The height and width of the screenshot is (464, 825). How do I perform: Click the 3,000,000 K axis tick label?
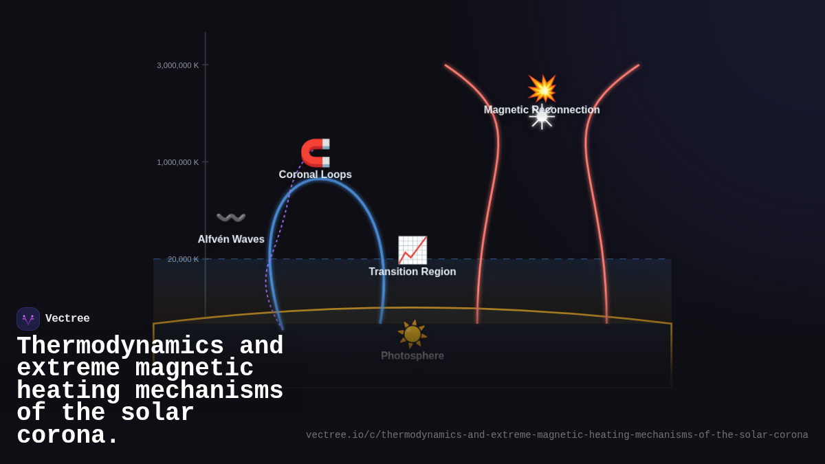(177, 65)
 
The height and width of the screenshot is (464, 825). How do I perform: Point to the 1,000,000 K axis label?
(177, 162)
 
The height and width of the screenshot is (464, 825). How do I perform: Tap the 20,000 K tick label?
(183, 259)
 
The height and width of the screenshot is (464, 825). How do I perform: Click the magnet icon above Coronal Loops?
(316, 153)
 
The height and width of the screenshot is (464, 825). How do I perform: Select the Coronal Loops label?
(315, 175)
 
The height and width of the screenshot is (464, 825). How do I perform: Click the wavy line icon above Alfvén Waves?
(231, 218)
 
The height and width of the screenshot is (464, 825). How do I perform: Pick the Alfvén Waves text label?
(231, 239)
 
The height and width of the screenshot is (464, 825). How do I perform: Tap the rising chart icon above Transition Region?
(412, 250)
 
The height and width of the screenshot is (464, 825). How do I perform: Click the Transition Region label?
(412, 272)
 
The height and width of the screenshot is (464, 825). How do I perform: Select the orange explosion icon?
(542, 89)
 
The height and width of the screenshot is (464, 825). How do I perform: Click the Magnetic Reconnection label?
(542, 110)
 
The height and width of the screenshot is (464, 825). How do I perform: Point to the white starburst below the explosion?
(542, 118)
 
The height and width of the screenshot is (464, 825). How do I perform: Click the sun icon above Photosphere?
(412, 334)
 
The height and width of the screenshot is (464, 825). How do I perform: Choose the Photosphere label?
(412, 356)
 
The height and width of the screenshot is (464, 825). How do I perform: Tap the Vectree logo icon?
(28, 319)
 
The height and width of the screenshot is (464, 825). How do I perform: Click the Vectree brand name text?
(67, 319)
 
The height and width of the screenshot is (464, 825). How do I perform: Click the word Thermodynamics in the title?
(120, 346)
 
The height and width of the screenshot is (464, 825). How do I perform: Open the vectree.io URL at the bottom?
(557, 435)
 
